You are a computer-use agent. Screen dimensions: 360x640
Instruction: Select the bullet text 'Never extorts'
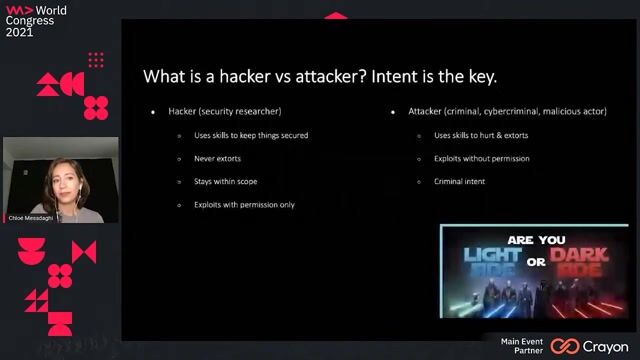[x=217, y=158]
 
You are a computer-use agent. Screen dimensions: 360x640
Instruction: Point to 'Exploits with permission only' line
[x=244, y=204]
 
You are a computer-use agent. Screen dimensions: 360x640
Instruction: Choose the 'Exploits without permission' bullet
[x=481, y=158]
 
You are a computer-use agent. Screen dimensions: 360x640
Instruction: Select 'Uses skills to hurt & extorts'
[x=480, y=135]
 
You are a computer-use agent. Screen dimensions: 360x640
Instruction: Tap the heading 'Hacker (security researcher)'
[x=224, y=111]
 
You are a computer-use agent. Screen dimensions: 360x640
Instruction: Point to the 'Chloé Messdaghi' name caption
[x=29, y=218]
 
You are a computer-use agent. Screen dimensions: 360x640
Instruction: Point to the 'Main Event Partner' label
[x=522, y=346]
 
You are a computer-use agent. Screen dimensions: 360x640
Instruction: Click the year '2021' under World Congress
[x=20, y=32]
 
